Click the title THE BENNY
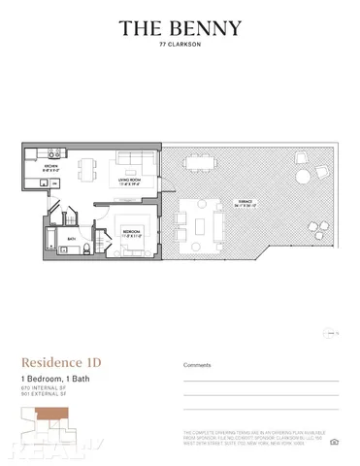(x=180, y=28)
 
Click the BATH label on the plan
(x=71, y=239)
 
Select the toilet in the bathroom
(x=86, y=250)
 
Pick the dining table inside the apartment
(x=86, y=168)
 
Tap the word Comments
(x=197, y=365)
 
